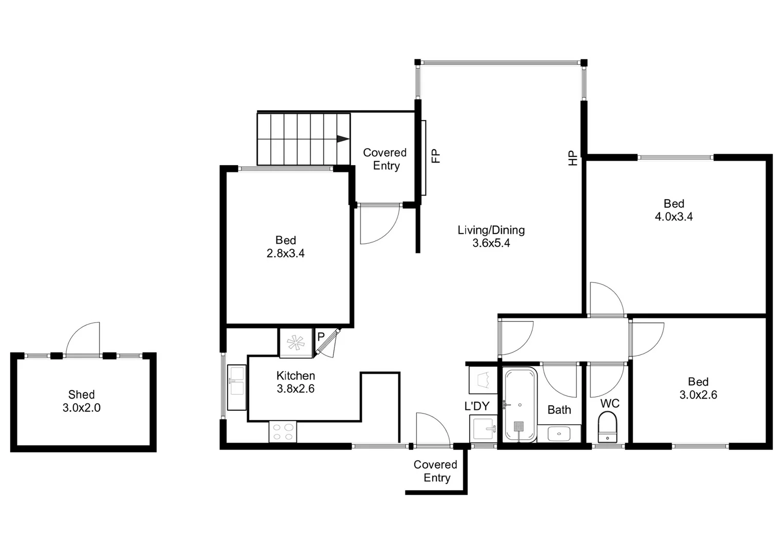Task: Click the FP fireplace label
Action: coord(436,155)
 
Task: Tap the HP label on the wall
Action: coord(573,158)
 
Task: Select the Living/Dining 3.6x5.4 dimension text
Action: coord(491,243)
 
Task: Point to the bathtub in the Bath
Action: coord(520,405)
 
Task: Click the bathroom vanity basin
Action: coord(558,433)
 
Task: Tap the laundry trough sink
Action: coord(483,428)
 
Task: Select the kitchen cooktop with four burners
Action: coord(283,431)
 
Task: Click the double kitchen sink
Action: coord(237,380)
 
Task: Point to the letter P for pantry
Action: coord(321,337)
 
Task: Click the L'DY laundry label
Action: coord(477,406)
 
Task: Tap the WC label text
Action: coord(610,404)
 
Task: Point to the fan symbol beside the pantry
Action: coord(295,343)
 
